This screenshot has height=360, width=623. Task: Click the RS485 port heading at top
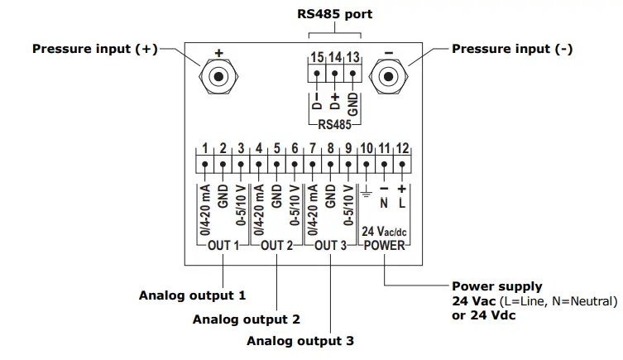point(334,14)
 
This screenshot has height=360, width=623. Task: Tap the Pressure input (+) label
point(94,49)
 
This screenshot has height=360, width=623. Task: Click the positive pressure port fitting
point(218,78)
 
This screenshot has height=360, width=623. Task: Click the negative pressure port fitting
point(387,78)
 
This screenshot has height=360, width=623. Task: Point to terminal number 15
point(316,57)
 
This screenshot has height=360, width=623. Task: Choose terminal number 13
point(353,57)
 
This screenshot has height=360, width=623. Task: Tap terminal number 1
point(205,149)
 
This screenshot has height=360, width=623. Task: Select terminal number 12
point(402,149)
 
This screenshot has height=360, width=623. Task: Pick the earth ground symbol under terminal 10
point(367,195)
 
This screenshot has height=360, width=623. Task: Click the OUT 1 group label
point(223,246)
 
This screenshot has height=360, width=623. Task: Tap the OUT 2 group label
point(277,246)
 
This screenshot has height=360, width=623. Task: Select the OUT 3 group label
point(331,246)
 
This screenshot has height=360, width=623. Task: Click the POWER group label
point(385,246)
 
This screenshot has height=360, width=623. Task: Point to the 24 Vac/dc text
point(384,233)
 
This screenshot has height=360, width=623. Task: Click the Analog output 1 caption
point(193,295)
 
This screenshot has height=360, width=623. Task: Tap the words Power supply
point(497,287)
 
